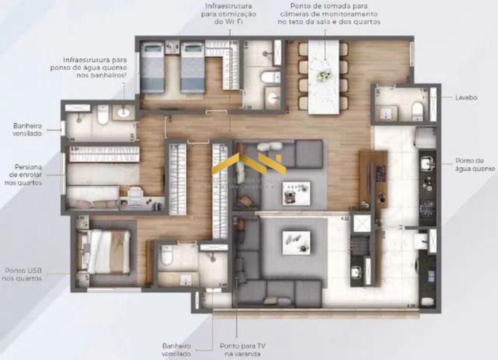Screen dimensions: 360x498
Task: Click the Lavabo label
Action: (x=466, y=98)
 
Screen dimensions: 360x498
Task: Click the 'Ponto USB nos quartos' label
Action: (x=24, y=274)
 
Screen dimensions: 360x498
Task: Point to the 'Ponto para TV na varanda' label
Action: (x=243, y=349)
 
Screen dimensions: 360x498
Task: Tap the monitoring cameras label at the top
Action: (x=329, y=14)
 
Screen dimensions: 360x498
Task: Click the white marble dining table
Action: (x=324, y=77)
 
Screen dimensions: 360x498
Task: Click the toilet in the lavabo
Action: (x=417, y=111)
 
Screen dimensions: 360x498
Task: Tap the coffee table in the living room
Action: (x=296, y=193)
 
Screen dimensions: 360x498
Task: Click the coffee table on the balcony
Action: (x=296, y=242)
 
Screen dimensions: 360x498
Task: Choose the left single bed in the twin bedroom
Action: (x=152, y=67)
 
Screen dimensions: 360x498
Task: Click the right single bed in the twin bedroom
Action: (x=193, y=67)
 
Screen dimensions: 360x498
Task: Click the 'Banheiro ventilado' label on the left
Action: (x=28, y=129)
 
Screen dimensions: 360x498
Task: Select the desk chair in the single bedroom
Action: (x=134, y=195)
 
